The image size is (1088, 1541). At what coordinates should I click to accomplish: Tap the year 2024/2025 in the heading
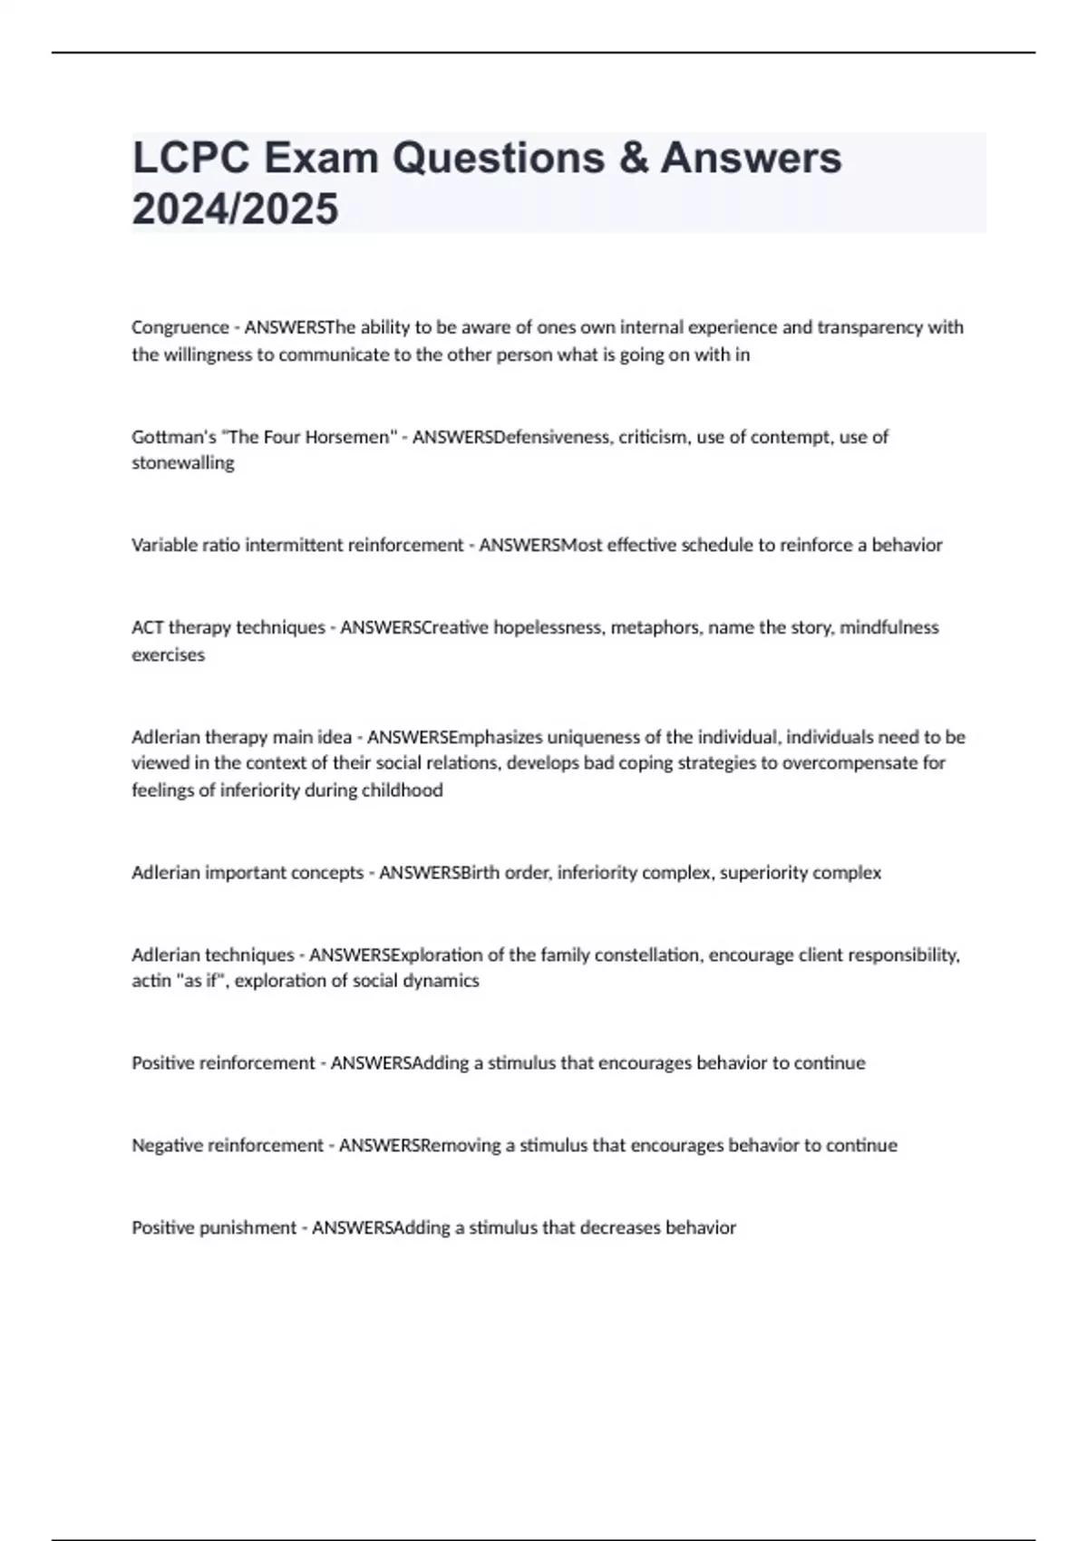click(235, 208)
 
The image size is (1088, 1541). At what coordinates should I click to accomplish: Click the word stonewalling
click(182, 463)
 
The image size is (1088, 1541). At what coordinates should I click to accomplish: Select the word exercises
click(168, 654)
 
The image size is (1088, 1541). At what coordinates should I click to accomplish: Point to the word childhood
click(402, 790)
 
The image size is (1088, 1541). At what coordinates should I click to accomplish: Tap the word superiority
click(763, 873)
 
